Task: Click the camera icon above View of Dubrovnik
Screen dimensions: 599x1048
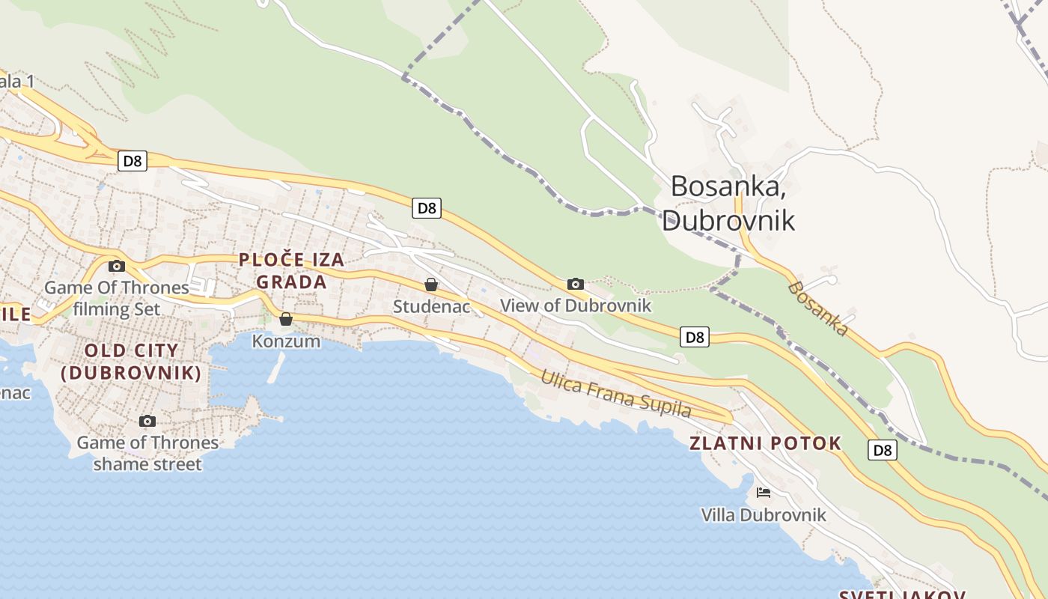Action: tap(575, 284)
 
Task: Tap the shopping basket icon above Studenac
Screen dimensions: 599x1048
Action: tap(431, 285)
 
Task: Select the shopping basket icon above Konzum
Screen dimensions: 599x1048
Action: tap(286, 319)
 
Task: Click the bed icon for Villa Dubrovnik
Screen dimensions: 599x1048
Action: tap(764, 492)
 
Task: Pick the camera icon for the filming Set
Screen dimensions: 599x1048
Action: tap(116, 266)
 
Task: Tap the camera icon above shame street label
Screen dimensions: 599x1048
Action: tap(147, 421)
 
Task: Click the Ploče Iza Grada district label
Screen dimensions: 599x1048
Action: tap(292, 271)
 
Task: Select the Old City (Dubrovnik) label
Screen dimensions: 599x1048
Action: tap(132, 361)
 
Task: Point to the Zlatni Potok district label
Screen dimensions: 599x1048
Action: tap(765, 443)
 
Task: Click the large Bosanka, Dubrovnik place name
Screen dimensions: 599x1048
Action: tap(728, 203)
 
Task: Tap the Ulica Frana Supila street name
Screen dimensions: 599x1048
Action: tap(616, 393)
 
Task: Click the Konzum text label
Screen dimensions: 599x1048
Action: tap(286, 341)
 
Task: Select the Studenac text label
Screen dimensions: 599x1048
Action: tap(431, 306)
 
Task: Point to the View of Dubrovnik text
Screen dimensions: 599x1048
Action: tap(576, 305)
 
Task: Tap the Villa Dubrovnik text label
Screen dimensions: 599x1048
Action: tap(764, 515)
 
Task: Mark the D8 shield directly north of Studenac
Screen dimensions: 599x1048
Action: tap(427, 208)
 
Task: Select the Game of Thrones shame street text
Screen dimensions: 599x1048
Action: tap(147, 453)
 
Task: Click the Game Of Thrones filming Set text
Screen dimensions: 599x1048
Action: tap(117, 298)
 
